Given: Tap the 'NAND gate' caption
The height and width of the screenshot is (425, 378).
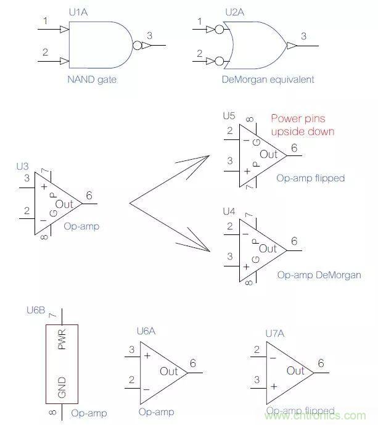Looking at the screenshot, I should [x=92, y=80].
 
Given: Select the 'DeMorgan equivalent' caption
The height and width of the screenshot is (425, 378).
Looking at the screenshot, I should [x=268, y=80].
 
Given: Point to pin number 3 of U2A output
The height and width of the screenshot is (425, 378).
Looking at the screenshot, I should [x=303, y=36].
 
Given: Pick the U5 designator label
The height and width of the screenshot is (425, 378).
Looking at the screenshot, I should [x=229, y=115].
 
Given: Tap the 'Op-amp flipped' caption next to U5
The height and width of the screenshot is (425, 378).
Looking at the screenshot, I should [x=311, y=178].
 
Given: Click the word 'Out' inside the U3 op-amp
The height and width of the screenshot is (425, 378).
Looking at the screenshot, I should [x=64, y=204].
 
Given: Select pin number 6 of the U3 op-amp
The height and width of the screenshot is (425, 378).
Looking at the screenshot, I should [x=89, y=196].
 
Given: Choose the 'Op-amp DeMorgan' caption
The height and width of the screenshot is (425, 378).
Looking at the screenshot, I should [x=319, y=274].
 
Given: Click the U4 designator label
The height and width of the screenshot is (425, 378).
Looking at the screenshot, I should [x=229, y=211].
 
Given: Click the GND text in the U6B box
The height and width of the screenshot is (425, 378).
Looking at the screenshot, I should [x=62, y=387].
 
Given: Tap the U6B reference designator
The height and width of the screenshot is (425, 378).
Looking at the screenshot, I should [x=36, y=310].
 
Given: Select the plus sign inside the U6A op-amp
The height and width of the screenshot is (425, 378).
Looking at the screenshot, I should [x=147, y=355].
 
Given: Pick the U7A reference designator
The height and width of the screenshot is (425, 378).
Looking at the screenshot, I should [x=274, y=334].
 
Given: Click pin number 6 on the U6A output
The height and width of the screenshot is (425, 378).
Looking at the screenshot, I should [x=193, y=363].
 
